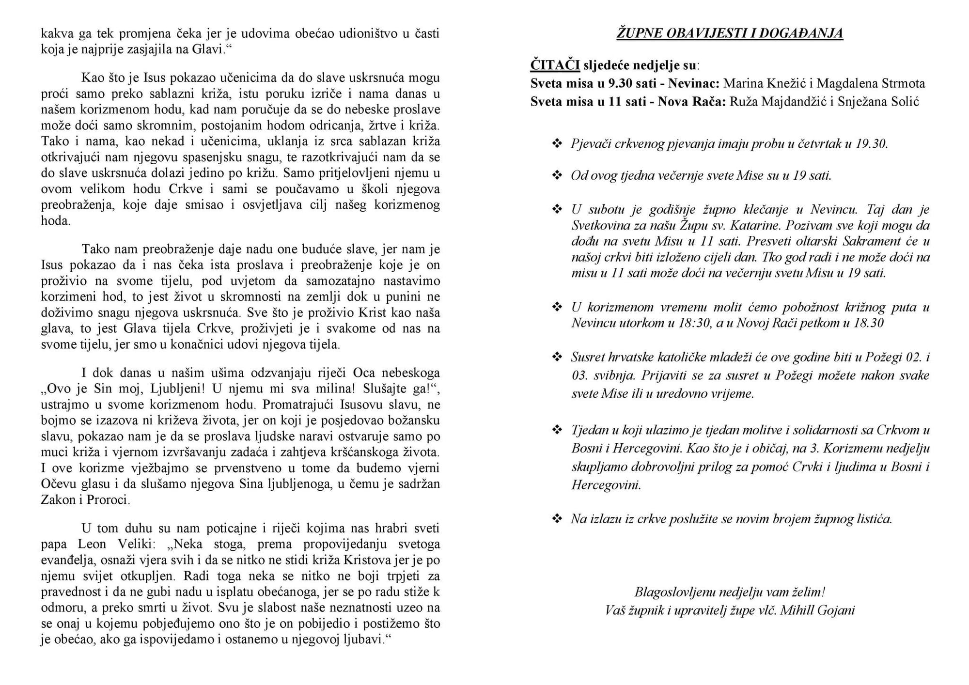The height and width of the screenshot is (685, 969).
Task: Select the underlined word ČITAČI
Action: pos(555,65)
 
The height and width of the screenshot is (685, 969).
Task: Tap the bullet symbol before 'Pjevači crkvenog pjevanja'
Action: pos(557,143)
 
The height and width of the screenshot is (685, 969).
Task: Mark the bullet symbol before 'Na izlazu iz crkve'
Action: pos(557,519)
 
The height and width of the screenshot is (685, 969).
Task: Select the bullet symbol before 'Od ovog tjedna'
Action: pos(557,175)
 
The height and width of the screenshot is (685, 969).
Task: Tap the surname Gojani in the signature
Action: pos(836,610)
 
